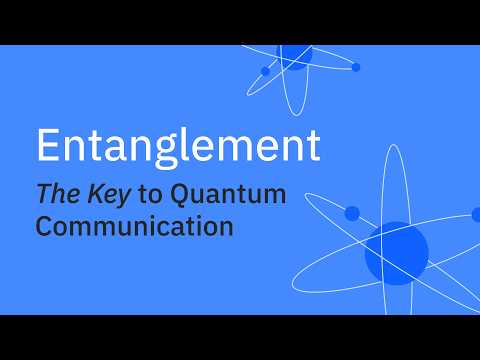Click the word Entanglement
pos(178,146)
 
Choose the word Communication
pos(135,226)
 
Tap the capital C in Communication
pos(47,226)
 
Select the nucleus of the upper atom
pos(295,54)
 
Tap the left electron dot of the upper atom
pos(265,71)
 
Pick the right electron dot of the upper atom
pos(356,67)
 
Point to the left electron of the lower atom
pos(352,214)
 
